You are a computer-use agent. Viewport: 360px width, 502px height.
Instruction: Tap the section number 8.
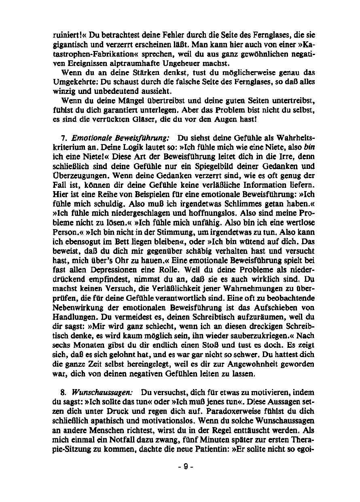coord(63,392)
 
